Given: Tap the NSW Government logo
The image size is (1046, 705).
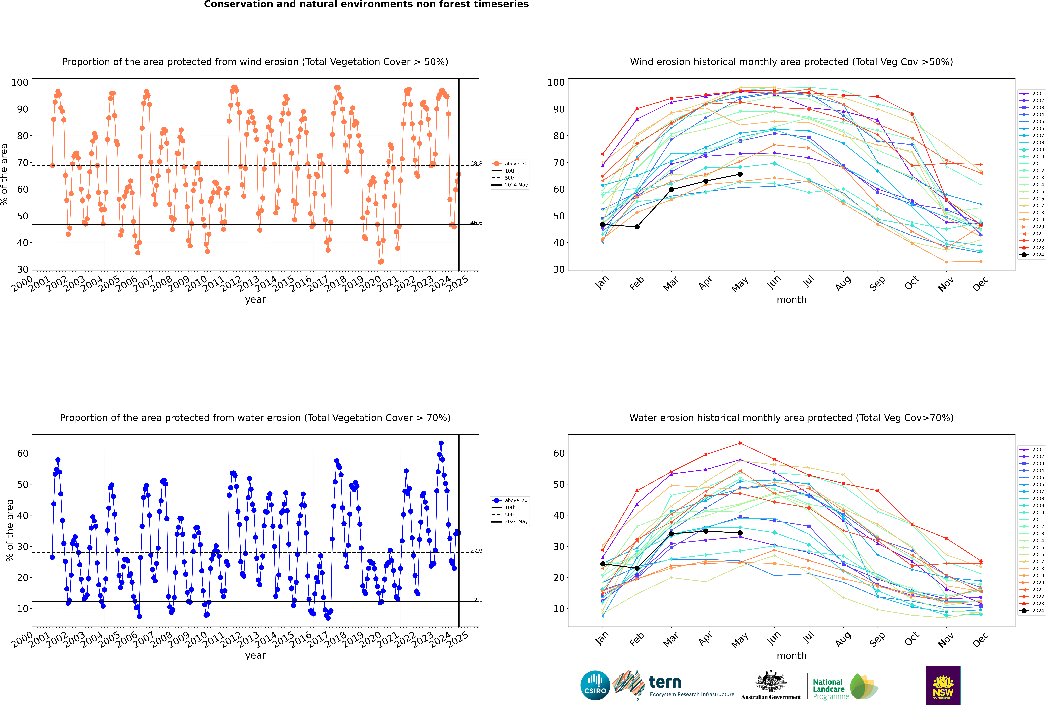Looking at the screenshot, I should pos(943,685).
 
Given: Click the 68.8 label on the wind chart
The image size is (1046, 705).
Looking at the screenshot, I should pos(476,164).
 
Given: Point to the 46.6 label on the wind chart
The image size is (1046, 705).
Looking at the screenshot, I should pos(476,223).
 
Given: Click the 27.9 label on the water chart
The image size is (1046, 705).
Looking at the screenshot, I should pos(476,551).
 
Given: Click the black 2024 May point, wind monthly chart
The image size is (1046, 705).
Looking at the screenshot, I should pos(740,174).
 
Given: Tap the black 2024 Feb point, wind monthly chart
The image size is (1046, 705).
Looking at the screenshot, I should pos(637,227).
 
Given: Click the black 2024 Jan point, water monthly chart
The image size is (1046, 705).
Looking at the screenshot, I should pos(603,564).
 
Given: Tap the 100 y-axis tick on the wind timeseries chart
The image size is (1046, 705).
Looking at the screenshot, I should pos(20,82).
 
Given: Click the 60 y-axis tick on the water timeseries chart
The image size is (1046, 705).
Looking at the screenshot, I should pos(22,453).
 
